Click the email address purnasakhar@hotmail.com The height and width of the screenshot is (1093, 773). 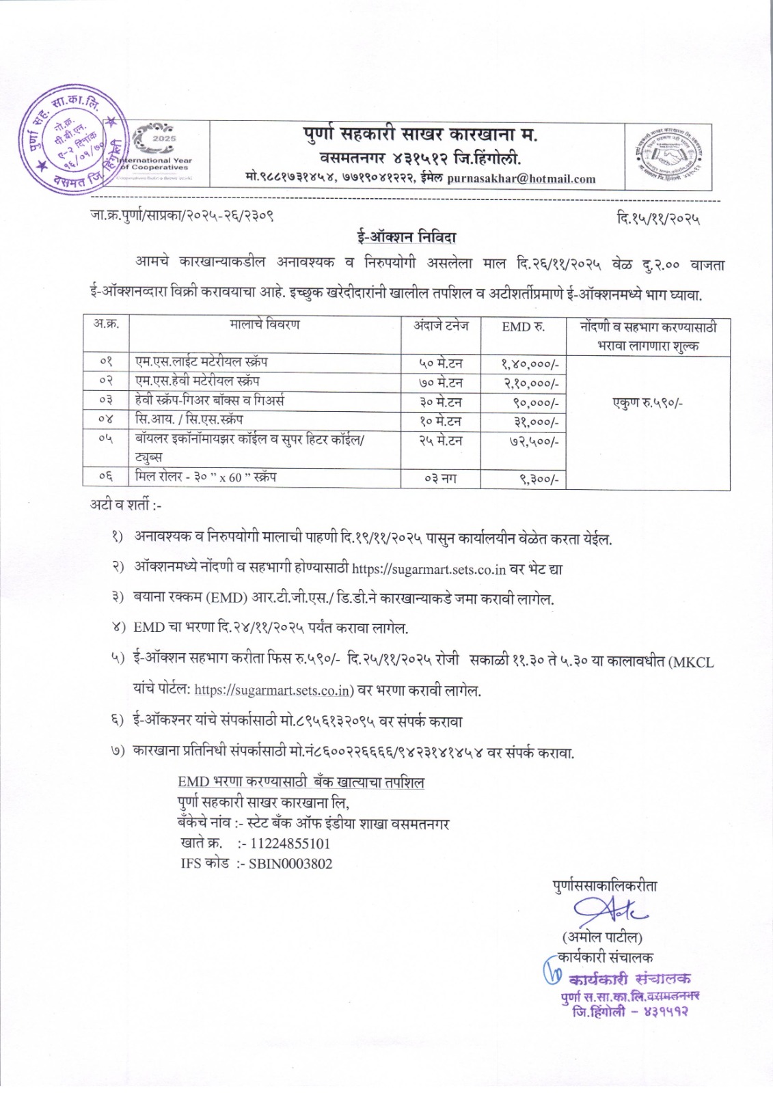click(521, 179)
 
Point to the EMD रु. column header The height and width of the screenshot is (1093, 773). click(523, 327)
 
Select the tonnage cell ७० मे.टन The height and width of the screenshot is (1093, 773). click(441, 383)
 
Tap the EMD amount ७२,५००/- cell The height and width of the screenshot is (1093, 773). click(535, 441)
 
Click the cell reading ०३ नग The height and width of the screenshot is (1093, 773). click(441, 478)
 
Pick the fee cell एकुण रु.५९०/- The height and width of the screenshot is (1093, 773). click(647, 402)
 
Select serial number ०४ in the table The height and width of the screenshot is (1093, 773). click(106, 420)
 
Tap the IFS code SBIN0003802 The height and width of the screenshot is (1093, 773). click(290, 863)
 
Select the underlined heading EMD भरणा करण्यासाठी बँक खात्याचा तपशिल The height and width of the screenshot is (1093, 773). click(301, 782)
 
